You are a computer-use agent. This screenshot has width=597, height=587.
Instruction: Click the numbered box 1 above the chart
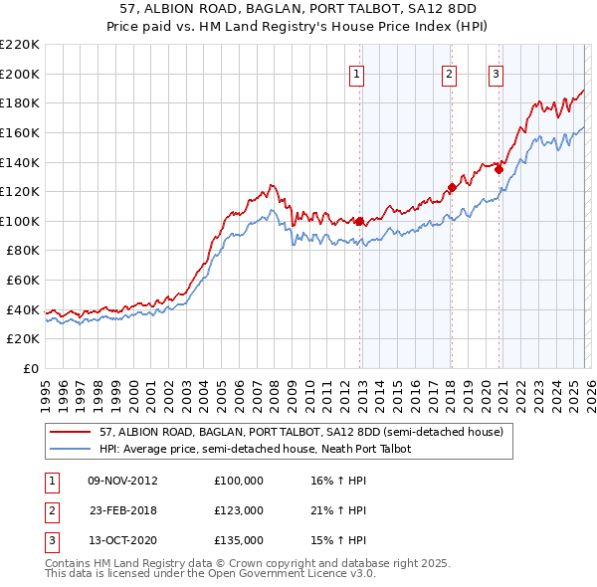356,72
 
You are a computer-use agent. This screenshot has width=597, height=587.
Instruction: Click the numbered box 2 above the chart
450,72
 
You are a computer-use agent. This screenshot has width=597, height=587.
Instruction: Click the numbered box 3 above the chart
496,72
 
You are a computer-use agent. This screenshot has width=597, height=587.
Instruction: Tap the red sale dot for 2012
359,221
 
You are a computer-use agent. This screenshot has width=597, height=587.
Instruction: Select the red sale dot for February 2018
452,187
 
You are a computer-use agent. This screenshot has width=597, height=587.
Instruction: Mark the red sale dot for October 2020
498,169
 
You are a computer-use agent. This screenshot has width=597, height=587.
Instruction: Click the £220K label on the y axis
20,45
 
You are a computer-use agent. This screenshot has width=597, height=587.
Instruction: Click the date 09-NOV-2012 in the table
122,481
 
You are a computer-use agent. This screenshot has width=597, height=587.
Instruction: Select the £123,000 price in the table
239,509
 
